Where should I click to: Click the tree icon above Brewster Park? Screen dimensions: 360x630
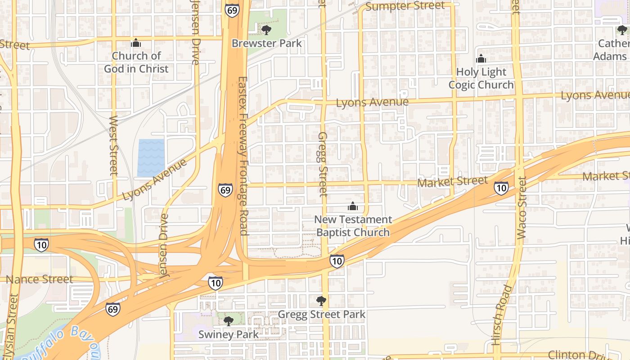[x=266, y=30]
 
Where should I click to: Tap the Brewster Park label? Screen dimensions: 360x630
[x=266, y=43]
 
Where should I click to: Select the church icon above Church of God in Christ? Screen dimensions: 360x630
[x=135, y=43]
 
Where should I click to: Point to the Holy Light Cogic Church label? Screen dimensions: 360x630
[x=481, y=78]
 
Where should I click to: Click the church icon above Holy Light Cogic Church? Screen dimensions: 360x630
[x=481, y=59]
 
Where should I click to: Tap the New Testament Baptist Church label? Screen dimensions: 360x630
[x=353, y=226]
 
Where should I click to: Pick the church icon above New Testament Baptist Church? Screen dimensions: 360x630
[x=353, y=207]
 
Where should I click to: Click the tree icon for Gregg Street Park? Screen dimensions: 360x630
[x=321, y=301]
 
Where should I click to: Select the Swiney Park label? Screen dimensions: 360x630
[x=229, y=334]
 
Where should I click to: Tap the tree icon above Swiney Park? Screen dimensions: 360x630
[x=229, y=321]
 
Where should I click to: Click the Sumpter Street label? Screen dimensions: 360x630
[x=405, y=6]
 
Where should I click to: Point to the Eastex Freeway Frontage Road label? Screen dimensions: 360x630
[x=243, y=156]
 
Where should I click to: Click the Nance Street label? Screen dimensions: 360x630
[x=39, y=279]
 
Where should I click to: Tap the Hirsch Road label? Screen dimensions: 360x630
[x=502, y=315]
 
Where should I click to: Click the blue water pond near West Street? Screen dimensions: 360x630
[x=151, y=158]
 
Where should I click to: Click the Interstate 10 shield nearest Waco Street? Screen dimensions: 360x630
[x=501, y=188]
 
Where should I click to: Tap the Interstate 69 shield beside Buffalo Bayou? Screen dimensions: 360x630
[x=113, y=309]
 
